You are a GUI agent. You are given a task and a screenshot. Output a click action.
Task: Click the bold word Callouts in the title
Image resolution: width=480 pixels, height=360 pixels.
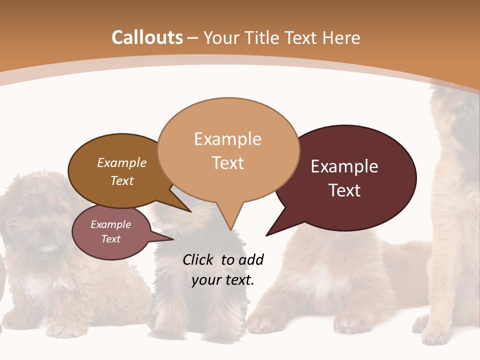click(147, 37)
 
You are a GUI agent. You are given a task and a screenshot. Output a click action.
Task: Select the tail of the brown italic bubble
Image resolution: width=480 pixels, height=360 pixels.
click(189, 210)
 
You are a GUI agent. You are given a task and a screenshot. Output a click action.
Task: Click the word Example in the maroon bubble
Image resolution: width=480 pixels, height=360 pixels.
click(344, 166)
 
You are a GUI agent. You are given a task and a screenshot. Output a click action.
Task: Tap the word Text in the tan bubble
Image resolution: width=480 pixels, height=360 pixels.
click(228, 163)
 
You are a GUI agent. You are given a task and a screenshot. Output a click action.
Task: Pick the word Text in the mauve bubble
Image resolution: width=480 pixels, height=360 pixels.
click(111, 239)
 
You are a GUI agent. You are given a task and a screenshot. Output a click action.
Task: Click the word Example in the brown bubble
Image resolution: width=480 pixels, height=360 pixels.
click(122, 163)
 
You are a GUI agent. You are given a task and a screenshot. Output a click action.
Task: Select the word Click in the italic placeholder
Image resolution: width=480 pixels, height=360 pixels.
click(198, 259)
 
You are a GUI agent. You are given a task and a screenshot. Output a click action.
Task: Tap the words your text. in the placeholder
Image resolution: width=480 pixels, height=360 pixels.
click(223, 280)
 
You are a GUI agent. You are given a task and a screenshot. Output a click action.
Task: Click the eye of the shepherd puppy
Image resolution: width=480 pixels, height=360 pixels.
click(463, 109)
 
